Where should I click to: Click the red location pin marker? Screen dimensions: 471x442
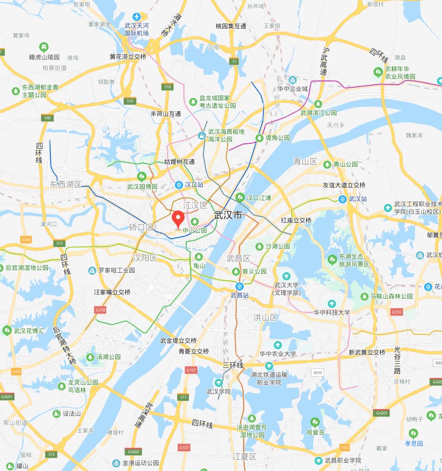178,220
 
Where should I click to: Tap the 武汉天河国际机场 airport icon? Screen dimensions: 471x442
136,17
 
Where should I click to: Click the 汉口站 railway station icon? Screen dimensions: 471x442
179,185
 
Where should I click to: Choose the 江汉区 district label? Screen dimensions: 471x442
196,205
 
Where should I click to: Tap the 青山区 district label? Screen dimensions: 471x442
305,162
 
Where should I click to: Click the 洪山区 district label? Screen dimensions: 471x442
266,318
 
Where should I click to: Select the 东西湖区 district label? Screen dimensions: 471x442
66,184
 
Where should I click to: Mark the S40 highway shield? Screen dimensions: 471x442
48,118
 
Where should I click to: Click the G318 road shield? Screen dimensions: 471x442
100,309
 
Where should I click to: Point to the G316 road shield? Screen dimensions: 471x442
396,311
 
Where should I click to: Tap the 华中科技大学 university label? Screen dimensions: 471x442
332,312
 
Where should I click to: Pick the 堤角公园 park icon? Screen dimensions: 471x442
261,138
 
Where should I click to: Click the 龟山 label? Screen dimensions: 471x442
199,266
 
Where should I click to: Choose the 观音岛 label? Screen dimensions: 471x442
316,432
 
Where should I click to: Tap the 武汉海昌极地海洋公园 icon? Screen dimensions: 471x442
202,136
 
